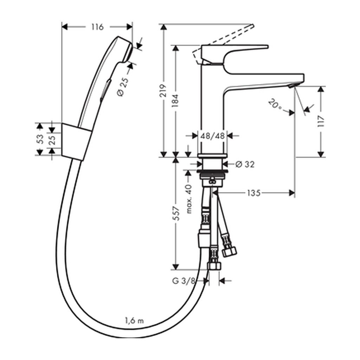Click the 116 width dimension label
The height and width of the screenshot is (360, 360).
(x=98, y=27)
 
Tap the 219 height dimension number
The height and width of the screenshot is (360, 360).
(x=163, y=91)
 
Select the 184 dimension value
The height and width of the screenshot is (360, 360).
(x=175, y=101)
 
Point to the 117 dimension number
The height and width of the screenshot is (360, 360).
(x=321, y=122)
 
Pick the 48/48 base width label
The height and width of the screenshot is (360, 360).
(x=212, y=136)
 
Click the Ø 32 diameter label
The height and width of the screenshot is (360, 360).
(x=245, y=164)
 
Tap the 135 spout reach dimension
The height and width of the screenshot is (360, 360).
(x=254, y=193)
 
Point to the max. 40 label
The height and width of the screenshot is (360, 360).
(x=189, y=199)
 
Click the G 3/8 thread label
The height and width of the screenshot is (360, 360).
(x=184, y=281)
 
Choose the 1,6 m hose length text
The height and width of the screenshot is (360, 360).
(x=134, y=320)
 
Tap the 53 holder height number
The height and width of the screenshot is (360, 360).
(x=40, y=139)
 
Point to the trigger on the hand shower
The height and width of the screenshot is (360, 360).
(x=105, y=90)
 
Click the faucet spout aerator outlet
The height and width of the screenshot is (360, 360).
(x=292, y=86)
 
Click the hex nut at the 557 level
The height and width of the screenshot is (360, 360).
(x=214, y=266)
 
